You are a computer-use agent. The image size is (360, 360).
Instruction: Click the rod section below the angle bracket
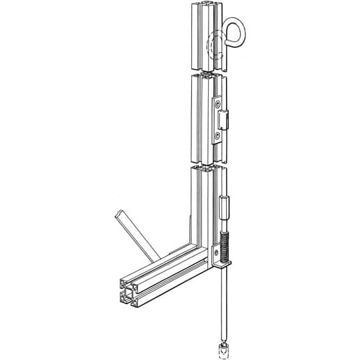224,300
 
